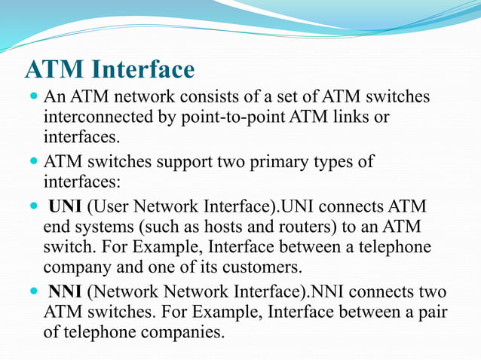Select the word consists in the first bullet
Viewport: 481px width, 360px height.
[207, 98]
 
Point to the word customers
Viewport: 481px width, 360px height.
[260, 266]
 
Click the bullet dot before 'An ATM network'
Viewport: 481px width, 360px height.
[32, 98]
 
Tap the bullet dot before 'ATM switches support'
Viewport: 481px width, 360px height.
[32, 162]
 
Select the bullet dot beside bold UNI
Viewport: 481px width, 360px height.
[32, 206]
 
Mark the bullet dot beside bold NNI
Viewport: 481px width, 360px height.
[32, 291]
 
